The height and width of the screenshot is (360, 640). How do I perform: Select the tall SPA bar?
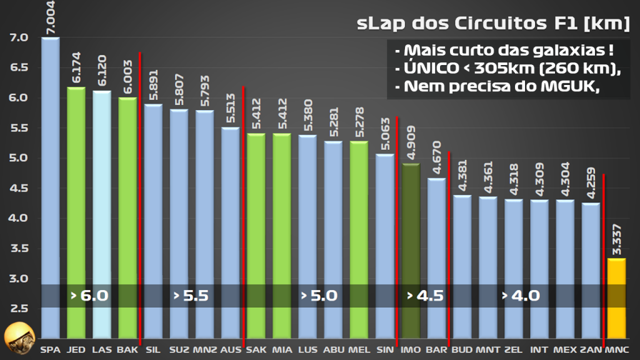pos(51,187)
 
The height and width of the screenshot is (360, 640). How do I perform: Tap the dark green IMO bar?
pos(411,250)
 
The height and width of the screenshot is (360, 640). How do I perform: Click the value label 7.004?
pos(51,17)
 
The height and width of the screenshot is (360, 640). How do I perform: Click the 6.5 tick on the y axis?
pos(19,67)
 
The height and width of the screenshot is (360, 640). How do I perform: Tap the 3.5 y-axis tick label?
pos(19,248)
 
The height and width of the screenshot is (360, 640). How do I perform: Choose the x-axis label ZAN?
pos(590,349)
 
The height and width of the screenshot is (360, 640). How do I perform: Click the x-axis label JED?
pos(76,349)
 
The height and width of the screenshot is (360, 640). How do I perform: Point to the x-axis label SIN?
pos(385,349)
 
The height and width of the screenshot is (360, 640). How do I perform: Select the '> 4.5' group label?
pos(425,296)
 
